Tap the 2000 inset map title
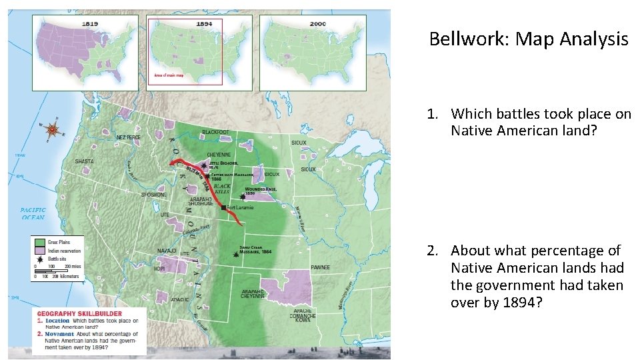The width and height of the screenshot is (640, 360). (318, 23)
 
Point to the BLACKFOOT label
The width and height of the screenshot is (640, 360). (215, 132)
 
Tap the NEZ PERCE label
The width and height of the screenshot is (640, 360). (129, 137)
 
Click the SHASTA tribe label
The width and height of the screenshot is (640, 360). (84, 161)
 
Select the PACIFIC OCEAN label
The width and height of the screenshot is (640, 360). (33, 213)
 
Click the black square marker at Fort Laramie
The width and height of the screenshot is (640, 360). (223, 207)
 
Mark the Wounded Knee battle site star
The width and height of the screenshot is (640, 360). (233, 197)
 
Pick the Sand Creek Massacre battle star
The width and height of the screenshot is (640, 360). (235, 254)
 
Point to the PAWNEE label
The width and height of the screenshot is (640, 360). (320, 267)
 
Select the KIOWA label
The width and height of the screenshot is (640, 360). (302, 320)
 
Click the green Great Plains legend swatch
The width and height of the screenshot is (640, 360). (39, 241)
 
